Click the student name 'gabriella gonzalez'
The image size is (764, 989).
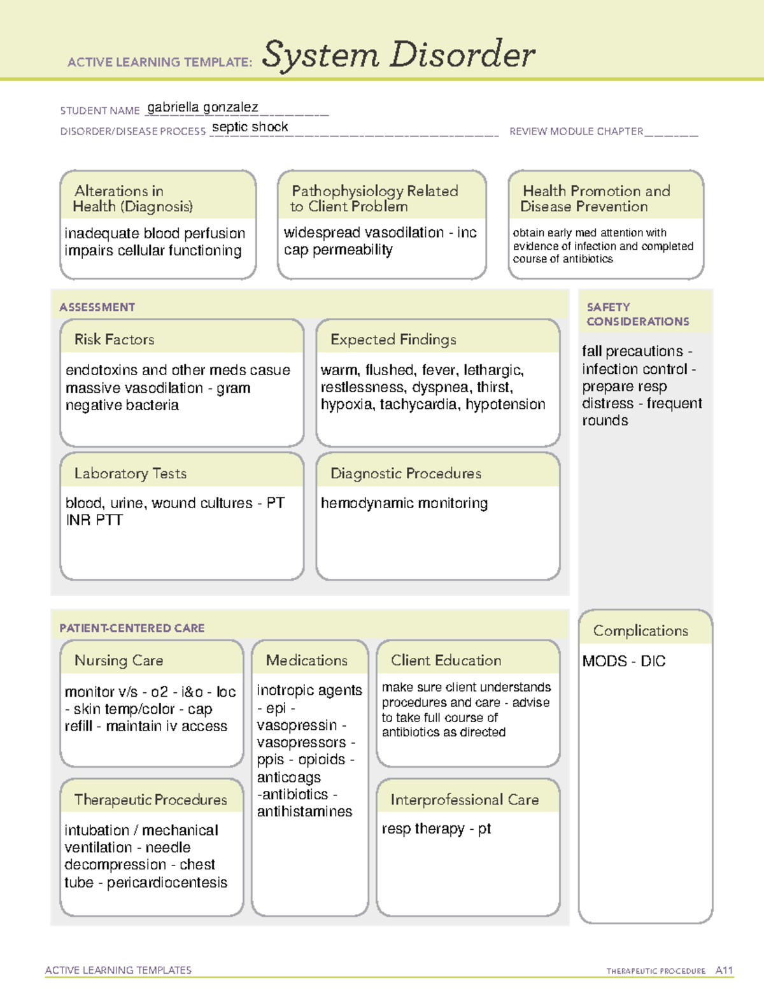[202, 108]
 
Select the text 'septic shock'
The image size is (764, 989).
[250, 127]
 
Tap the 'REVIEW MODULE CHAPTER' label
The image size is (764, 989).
[576, 132]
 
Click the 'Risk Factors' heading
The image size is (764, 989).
[114, 339]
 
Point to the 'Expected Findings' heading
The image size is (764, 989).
[393, 339]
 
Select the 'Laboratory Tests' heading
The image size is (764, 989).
[130, 473]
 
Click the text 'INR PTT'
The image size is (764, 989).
[94, 520]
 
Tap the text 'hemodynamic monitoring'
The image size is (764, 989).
[404, 503]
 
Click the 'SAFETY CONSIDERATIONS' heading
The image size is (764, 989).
[637, 314]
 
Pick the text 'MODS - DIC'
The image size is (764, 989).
[623, 661]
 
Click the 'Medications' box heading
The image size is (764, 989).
[306, 660]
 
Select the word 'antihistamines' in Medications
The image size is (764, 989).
[304, 812]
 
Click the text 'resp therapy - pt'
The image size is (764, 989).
[436, 829]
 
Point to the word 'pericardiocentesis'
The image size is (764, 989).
[167, 883]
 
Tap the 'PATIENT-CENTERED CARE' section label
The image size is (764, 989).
[132, 628]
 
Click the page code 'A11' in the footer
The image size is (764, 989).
[724, 971]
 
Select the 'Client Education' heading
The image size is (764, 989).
[446, 660]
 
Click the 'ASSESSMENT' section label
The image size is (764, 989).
[97, 307]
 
